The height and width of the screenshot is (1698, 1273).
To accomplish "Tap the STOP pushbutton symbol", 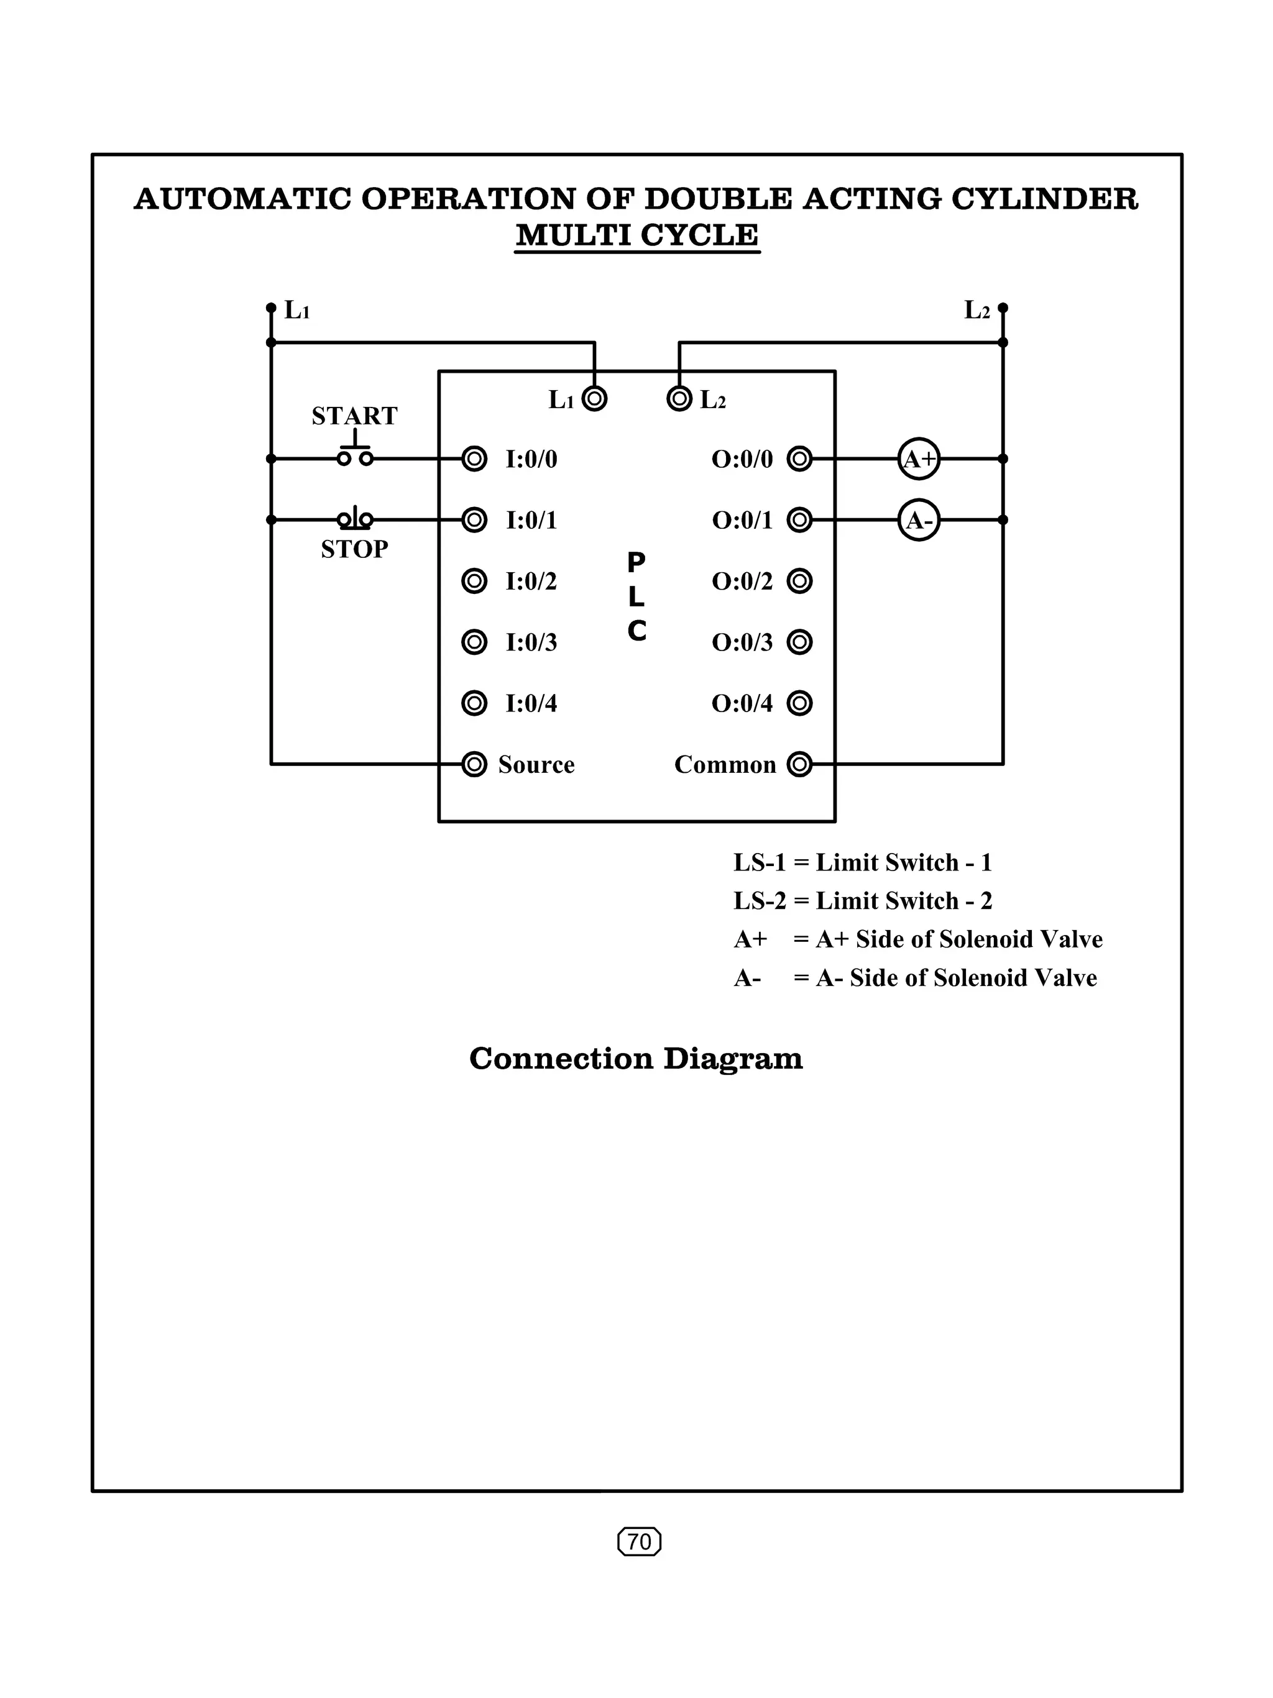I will (355, 519).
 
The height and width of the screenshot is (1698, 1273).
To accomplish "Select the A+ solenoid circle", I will (918, 459).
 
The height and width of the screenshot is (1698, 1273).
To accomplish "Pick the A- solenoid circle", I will (918, 521).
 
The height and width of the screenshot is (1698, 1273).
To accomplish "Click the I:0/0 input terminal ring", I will (474, 459).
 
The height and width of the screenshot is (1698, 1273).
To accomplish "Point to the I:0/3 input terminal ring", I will (474, 642).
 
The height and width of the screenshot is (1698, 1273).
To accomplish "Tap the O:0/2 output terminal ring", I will (799, 581).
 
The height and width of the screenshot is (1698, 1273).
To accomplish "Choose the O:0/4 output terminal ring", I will (799, 703).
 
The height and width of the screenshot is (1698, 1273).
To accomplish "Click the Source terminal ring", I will (474, 765).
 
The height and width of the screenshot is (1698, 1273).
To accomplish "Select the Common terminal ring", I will (799, 765).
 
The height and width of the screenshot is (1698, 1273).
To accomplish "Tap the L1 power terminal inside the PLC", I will (594, 398).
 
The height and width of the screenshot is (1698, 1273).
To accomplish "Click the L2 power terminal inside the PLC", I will (679, 398).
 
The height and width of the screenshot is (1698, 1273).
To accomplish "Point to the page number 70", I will (639, 1541).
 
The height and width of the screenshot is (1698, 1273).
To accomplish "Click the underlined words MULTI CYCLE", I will (636, 235).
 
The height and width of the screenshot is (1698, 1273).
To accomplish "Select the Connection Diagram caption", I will (636, 1059).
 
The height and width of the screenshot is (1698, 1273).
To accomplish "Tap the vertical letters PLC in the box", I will (636, 597).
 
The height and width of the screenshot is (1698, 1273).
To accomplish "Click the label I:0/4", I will (531, 703).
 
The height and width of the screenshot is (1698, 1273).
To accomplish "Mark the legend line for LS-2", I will (862, 900).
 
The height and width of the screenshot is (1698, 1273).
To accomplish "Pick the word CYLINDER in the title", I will (1044, 199).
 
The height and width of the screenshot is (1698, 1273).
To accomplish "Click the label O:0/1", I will (742, 521).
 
